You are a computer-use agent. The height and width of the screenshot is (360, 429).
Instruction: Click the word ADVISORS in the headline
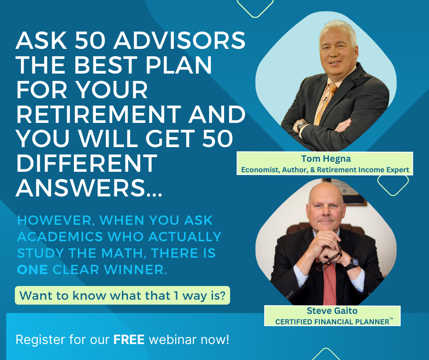point(179,41)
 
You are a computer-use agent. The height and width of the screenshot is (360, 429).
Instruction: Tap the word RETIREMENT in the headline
point(99,115)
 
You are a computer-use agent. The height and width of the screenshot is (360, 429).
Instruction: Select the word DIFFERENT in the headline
point(87,163)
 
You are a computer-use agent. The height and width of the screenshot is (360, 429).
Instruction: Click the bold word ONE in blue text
point(32,270)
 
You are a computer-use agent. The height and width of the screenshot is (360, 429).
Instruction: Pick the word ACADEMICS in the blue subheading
point(60,237)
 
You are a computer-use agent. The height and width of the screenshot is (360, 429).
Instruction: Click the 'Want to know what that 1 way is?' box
point(122,295)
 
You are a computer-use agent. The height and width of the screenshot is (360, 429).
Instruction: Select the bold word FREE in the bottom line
point(129,340)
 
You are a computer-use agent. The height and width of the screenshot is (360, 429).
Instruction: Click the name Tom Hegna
point(326,159)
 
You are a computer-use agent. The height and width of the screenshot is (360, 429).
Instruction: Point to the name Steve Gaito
point(332,311)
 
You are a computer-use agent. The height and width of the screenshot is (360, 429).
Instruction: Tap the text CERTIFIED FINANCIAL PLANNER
point(332,322)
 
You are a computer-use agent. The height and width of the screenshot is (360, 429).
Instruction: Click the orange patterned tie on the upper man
point(325,104)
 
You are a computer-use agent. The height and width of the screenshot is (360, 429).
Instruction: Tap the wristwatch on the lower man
point(353,263)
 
